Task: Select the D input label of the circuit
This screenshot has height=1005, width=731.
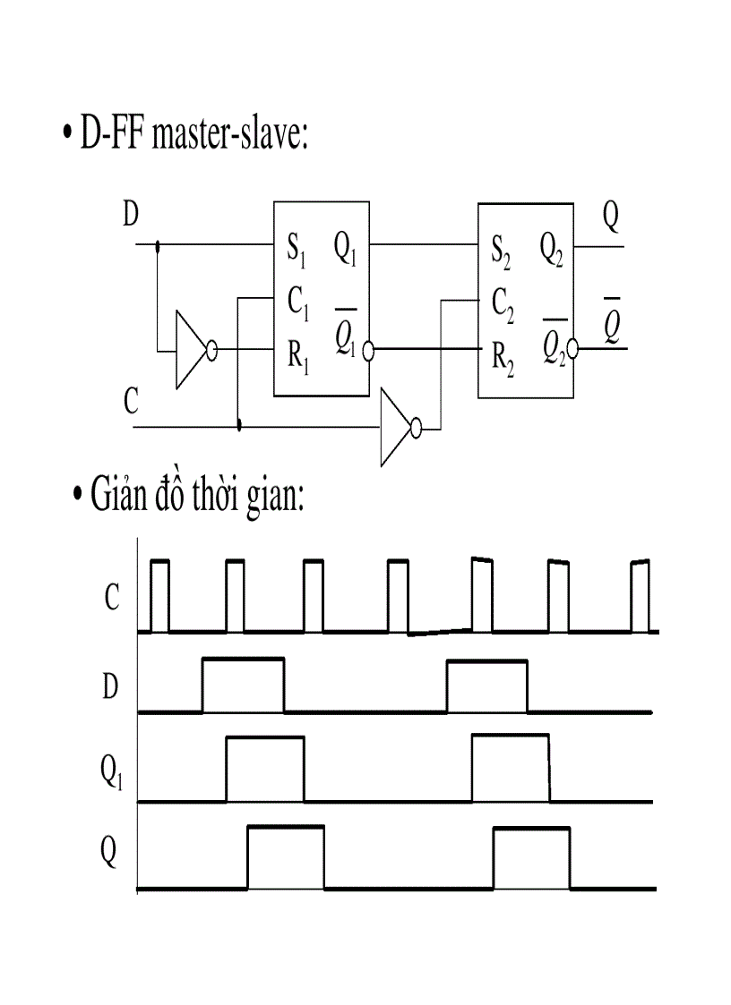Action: [x=131, y=215]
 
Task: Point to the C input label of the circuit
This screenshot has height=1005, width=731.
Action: [x=131, y=404]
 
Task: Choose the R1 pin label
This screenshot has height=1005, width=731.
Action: [x=298, y=355]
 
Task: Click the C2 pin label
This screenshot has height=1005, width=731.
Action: [x=503, y=304]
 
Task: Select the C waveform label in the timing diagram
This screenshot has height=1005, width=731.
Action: [x=112, y=598]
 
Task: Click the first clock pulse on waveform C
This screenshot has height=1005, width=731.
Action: [x=159, y=595]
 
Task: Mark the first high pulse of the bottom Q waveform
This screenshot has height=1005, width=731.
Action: [x=286, y=858]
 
